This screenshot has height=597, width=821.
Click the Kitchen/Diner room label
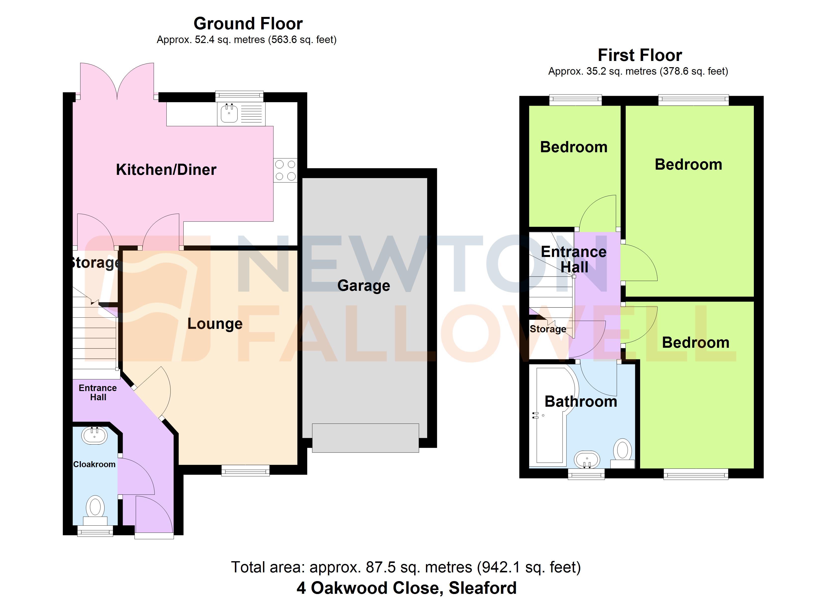click(166, 170)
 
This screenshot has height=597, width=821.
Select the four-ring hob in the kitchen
click(285, 170)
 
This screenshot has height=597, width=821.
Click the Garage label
click(363, 286)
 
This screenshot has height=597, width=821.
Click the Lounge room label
click(215, 324)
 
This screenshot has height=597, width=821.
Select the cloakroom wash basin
click(95, 436)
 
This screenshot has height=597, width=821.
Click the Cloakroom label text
click(94, 464)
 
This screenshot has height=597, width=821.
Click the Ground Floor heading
click(248, 24)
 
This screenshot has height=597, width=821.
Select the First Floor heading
click(640, 55)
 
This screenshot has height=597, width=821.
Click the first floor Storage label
click(548, 329)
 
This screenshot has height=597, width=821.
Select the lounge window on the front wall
click(246, 470)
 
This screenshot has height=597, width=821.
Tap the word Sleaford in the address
click(483, 588)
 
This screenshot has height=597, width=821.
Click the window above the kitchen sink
click(239, 96)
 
